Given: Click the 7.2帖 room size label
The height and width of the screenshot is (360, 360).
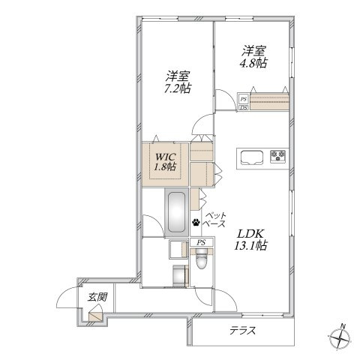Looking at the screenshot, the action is (177, 88).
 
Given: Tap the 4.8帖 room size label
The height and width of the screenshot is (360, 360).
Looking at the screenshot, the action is (253, 63).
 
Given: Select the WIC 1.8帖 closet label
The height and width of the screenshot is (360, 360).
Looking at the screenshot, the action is (165, 161).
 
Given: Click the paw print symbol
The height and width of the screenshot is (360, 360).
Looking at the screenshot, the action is (196, 222).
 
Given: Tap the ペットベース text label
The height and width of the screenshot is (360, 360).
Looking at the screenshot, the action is (214, 220).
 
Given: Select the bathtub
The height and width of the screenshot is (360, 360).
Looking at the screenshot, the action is (176, 212).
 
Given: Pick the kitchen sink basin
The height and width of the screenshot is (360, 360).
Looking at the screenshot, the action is (252, 157).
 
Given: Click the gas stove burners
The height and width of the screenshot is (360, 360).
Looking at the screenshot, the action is (278, 156).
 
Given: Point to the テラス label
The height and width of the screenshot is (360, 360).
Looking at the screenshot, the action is (242, 331).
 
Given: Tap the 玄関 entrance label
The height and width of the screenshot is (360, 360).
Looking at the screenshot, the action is (97, 297).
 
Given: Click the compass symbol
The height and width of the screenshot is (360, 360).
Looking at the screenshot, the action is (340, 339).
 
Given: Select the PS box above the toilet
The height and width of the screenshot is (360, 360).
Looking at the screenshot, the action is (201, 242).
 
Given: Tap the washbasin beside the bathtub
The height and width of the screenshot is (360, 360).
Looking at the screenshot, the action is (178, 249).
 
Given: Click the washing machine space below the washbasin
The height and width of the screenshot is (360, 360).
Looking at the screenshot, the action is (181, 276).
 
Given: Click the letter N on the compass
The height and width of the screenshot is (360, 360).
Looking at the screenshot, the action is (343, 326).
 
